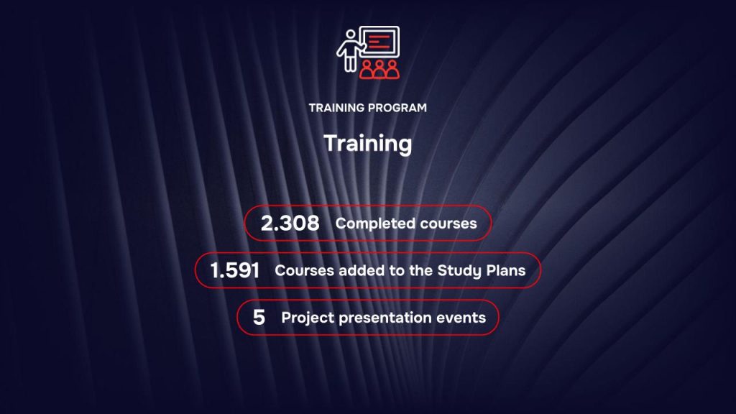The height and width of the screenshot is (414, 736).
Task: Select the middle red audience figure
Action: point(379,68)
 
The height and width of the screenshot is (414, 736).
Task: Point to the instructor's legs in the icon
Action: point(350,64)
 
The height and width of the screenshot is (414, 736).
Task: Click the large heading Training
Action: point(367,143)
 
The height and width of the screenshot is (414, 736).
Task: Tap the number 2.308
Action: point(290,224)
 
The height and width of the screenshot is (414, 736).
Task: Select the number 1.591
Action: point(234,271)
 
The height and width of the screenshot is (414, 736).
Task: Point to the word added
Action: point(354,271)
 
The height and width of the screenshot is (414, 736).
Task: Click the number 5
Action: point(259,318)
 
